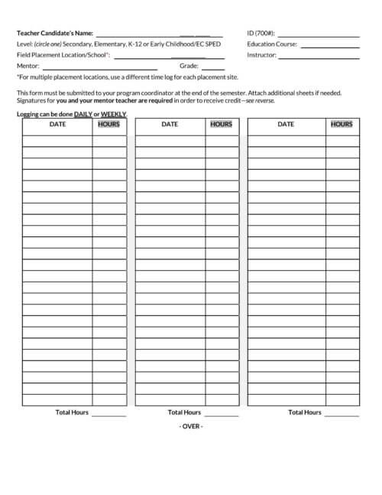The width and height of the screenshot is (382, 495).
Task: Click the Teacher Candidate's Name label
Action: pos(54,34)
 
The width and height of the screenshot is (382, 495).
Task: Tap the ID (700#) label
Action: pos(261,34)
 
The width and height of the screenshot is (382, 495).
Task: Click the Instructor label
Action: pos(262,55)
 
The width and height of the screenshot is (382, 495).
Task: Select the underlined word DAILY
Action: pos(83,114)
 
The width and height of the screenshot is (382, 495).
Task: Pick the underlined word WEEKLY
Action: pos(114,114)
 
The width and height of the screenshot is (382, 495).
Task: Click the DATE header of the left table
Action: pos(57,124)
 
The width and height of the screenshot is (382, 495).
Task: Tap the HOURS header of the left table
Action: pos(109,124)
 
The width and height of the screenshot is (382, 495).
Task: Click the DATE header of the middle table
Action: pos(170,124)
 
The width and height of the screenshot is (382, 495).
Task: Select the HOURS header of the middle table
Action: pos(222,124)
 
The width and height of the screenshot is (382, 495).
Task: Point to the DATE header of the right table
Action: pos(286,124)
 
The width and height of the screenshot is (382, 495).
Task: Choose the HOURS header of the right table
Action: pos(342,124)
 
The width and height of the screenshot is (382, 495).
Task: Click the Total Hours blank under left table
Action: pos(109,415)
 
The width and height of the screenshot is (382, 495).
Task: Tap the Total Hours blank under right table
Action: pos(342,415)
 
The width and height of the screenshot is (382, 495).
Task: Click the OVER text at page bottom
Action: pos(191,426)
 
